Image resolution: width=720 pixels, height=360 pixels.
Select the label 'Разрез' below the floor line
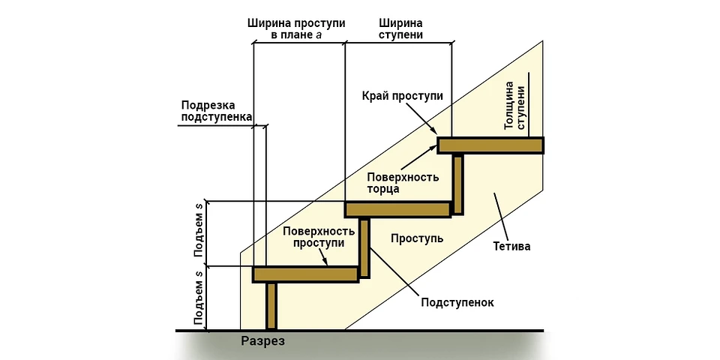coord(263,341)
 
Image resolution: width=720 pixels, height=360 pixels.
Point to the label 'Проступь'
coord(418,238)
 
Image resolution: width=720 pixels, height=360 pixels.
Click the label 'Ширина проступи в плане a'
coord(297,28)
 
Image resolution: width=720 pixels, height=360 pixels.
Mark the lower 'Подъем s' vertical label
coord(199,298)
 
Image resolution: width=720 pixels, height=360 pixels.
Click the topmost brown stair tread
coord(490,145)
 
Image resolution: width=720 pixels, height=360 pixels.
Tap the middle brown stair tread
coord(398,209)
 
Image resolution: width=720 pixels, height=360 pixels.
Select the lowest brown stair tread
coord(305,274)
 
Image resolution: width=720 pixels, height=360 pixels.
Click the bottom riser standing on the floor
coord(271,306)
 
